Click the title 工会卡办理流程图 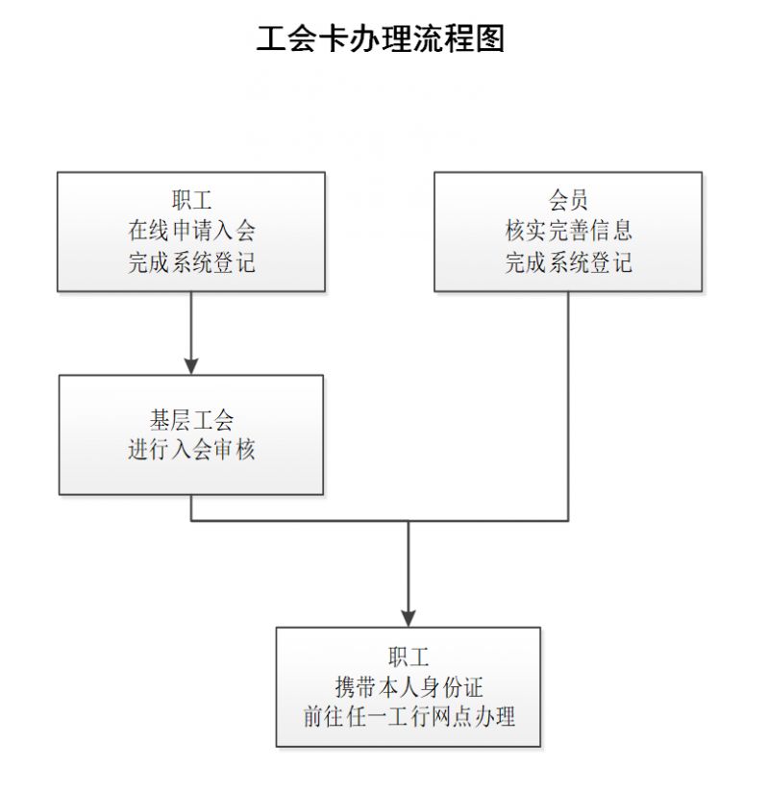pyautogui.click(x=381, y=38)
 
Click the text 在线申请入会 pyautogui.click(x=191, y=231)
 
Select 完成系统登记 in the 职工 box pyautogui.click(x=191, y=262)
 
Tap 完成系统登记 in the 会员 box pyautogui.click(x=568, y=262)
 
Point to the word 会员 pyautogui.click(x=568, y=200)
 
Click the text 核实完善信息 pyautogui.click(x=568, y=231)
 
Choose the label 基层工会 pyautogui.click(x=191, y=420)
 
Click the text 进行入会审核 pyautogui.click(x=191, y=450)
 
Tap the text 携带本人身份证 pyautogui.click(x=409, y=687)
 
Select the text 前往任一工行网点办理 pyautogui.click(x=409, y=717)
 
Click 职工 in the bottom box pyautogui.click(x=409, y=656)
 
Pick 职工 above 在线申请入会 pyautogui.click(x=191, y=200)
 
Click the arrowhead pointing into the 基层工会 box pyautogui.click(x=191, y=366)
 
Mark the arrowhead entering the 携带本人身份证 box pyautogui.click(x=409, y=619)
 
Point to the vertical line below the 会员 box pyautogui.click(x=568, y=407)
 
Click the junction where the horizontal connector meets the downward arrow pyautogui.click(x=409, y=521)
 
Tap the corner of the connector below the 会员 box pyautogui.click(x=568, y=521)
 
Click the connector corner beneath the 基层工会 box pyautogui.click(x=191, y=521)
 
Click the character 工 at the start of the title pyautogui.click(x=271, y=38)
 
